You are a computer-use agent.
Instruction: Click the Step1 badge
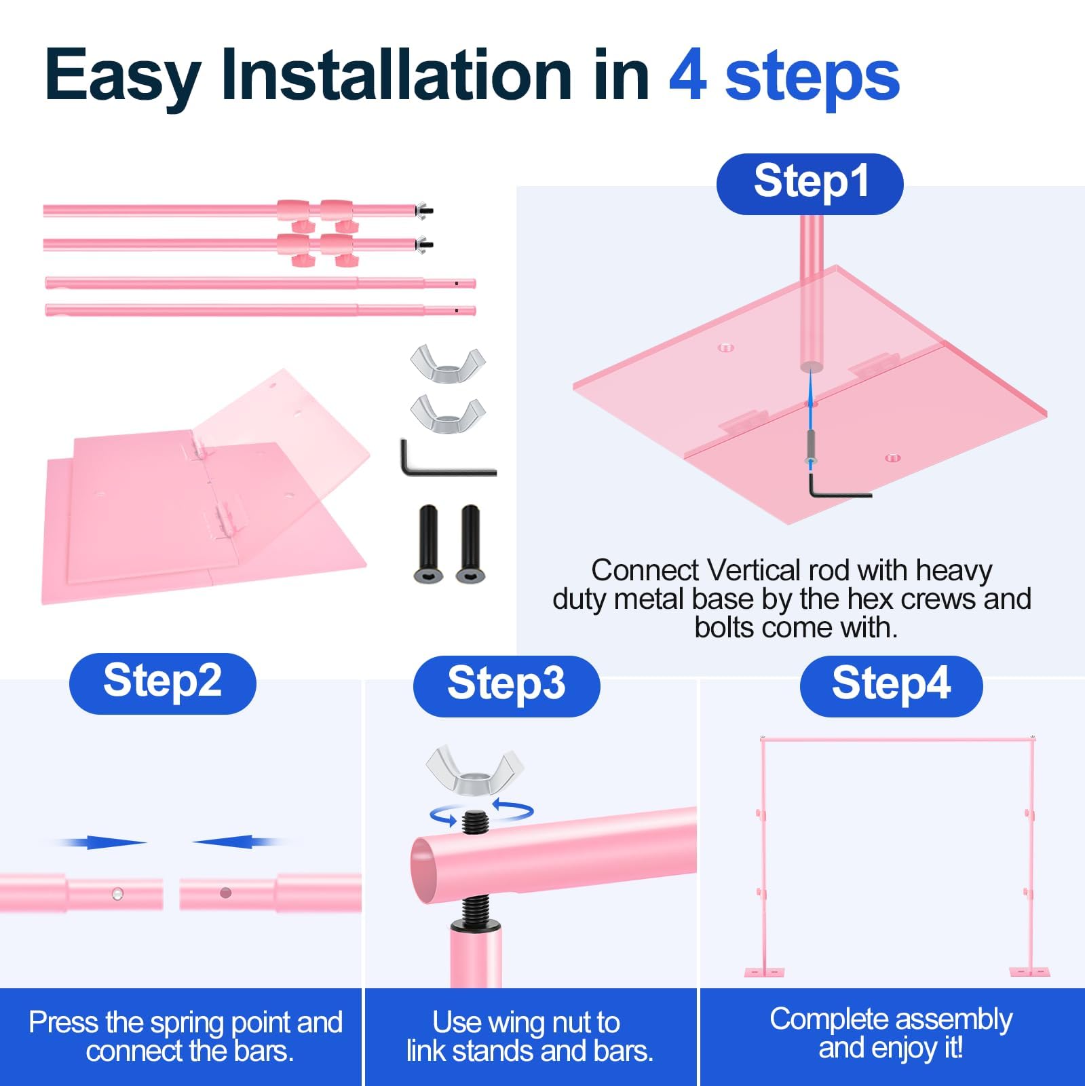click(810, 184)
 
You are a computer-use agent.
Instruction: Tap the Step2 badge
click(163, 683)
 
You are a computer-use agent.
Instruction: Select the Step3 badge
click(507, 686)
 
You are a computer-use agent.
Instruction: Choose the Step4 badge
click(892, 686)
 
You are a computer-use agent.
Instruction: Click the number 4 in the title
click(688, 76)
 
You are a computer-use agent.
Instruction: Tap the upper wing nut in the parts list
click(448, 363)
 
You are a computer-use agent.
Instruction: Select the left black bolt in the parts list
click(429, 543)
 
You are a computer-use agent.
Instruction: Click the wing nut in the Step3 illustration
click(474, 770)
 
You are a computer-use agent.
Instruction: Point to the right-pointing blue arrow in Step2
click(102, 842)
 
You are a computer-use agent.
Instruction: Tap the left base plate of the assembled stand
click(764, 972)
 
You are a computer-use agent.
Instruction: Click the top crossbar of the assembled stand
click(897, 738)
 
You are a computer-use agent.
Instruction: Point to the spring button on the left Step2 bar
click(117, 893)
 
